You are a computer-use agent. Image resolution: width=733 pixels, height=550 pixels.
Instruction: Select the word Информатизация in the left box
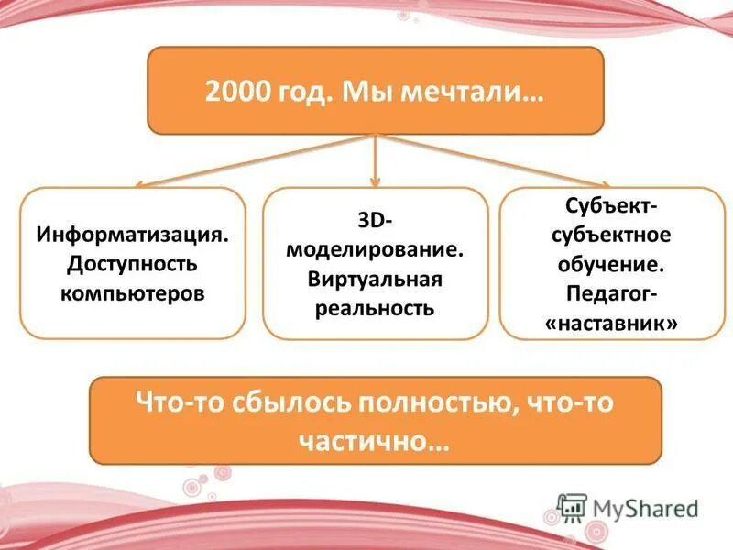[133, 236]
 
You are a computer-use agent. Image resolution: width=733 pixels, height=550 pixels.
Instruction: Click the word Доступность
[132, 265]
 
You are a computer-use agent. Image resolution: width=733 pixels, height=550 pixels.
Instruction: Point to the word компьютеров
[132, 294]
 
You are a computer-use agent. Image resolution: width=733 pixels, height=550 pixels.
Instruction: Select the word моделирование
[375, 248]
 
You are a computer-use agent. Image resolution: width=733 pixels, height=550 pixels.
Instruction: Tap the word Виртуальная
[375, 278]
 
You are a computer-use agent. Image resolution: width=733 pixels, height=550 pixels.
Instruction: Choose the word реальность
[375, 307]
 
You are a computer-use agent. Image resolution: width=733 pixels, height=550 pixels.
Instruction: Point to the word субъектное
[611, 235]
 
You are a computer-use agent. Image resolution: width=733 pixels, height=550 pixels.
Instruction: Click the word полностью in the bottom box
[431, 403]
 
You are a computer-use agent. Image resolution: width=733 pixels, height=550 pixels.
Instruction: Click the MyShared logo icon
[572, 508]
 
